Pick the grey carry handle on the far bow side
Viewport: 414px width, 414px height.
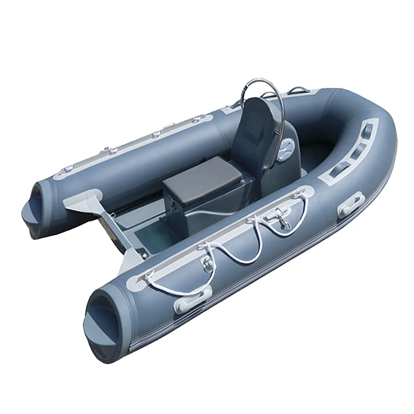[299, 91]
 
